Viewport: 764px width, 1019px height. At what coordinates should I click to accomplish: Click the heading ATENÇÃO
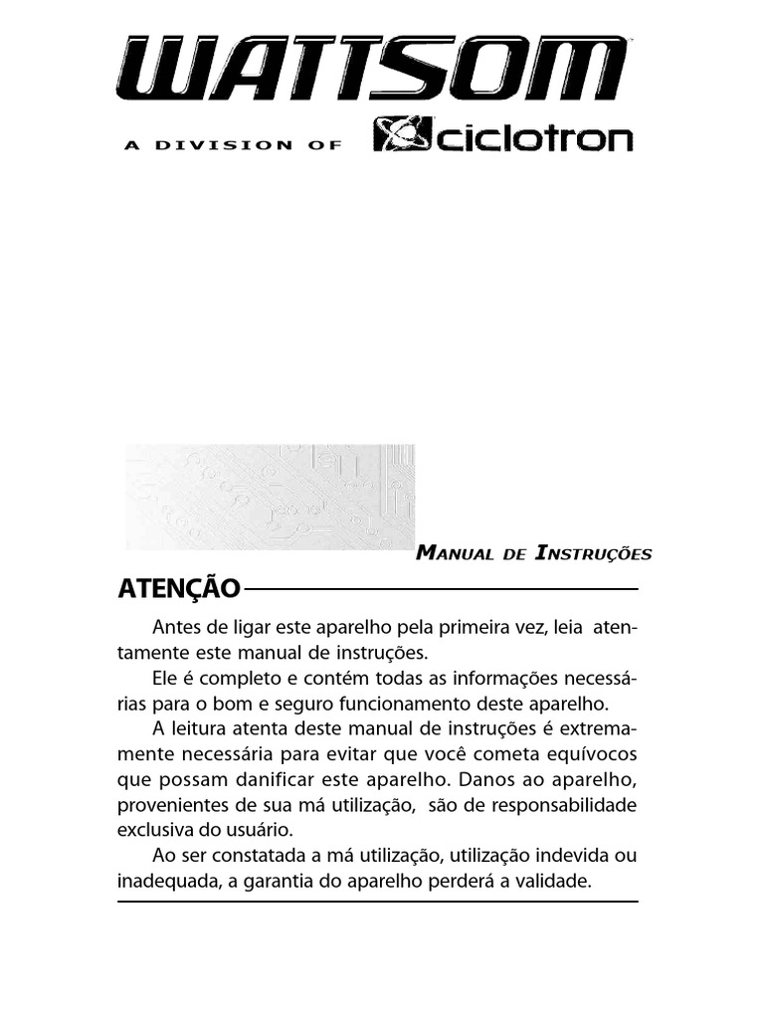tap(179, 589)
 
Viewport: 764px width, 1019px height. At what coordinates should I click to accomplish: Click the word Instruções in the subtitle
tap(593, 553)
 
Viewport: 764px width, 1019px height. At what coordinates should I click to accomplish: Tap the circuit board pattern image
tap(270, 495)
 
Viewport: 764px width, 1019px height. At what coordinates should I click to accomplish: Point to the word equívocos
tap(591, 754)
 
